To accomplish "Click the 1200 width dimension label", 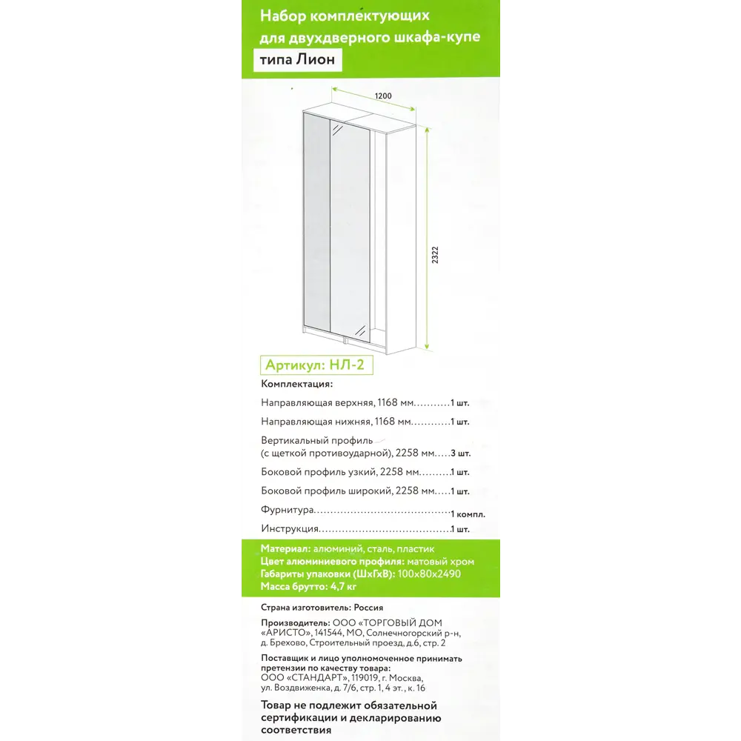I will pyautogui.click(x=382, y=96).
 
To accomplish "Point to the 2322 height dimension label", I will pyautogui.click(x=435, y=256).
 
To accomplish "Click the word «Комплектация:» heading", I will pyautogui.click(x=297, y=385).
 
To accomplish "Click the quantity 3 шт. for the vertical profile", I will pyautogui.click(x=460, y=453).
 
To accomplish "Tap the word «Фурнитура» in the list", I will pyautogui.click(x=287, y=511).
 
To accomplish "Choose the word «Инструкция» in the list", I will pyautogui.click(x=290, y=529).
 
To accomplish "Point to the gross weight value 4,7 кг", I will pyautogui.click(x=342, y=587).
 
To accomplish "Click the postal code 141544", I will pyautogui.click(x=329, y=634).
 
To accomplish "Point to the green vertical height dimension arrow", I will pyautogui.click(x=428, y=237).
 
